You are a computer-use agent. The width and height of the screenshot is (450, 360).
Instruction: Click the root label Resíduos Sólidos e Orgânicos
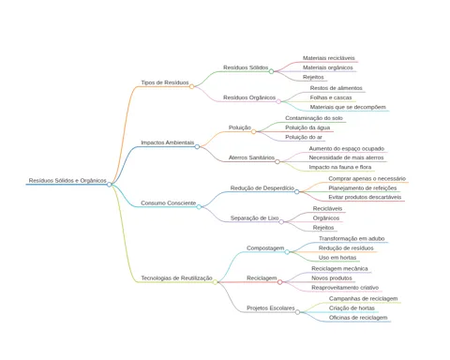pos(67,181)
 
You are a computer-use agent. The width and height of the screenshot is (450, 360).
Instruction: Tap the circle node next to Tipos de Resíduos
pos(191,86)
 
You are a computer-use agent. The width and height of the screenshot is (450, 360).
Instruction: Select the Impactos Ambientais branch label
pos(168,142)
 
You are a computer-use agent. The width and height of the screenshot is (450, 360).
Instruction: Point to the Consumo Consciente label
pos(169,203)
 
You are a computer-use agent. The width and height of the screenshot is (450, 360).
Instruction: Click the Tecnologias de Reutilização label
pos(176,278)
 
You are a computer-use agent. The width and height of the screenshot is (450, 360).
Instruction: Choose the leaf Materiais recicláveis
pos(329,58)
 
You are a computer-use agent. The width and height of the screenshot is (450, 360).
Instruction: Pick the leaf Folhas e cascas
pos(331,97)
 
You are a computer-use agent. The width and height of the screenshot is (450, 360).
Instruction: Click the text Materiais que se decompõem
pos(348,107)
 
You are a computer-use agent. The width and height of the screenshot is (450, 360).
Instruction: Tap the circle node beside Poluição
pos(253,131)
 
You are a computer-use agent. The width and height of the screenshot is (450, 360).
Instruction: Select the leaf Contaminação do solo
pos(314,118)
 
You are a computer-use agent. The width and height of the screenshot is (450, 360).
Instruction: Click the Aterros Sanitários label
pos(251,157)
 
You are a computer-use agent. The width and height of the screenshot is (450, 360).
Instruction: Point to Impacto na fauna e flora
pos(340,167)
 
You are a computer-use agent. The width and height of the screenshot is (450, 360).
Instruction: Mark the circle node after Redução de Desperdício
pos(297,191)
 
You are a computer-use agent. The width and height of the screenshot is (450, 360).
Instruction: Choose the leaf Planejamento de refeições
pos(363,188)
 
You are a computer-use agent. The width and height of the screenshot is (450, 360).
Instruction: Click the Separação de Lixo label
pos(254,218)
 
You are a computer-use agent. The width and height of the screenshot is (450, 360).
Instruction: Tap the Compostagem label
pos(265,248)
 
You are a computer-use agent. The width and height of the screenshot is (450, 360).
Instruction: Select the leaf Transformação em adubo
pos(352,239)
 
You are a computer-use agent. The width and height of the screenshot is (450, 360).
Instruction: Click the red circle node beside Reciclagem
pos(279,282)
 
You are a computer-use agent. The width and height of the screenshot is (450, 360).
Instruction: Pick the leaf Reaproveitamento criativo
pos(345,288)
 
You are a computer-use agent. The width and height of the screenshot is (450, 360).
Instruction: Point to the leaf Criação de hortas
pos(352,308)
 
